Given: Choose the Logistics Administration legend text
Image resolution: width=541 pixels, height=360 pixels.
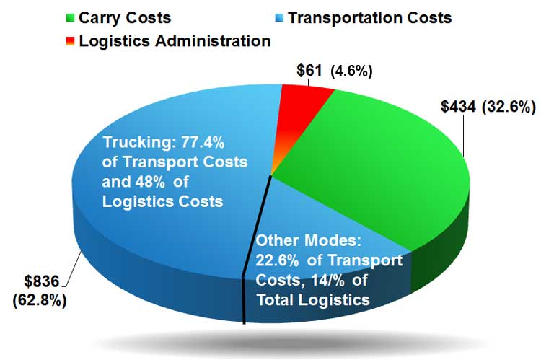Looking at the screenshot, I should coord(175,41).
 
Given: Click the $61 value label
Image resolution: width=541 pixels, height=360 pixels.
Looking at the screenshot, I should coord(310,71).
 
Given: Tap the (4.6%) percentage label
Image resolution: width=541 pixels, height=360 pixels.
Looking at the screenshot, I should coord(352,71).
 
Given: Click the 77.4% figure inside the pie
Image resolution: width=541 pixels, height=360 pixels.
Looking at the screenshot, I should coord(206,141).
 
